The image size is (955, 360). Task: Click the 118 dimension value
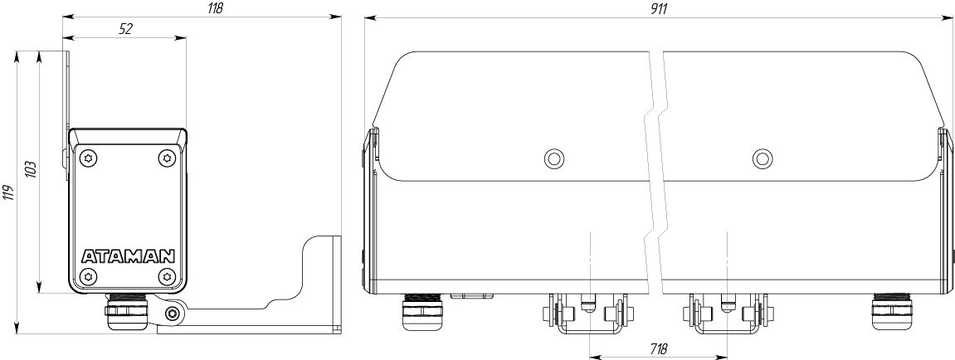pyautogui.click(x=215, y=8)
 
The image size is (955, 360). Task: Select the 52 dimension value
pyautogui.click(x=125, y=29)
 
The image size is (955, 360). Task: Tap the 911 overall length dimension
pyautogui.click(x=659, y=8)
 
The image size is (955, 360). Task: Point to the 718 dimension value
pyautogui.click(x=659, y=350)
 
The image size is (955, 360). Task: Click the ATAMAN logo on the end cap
pyautogui.click(x=128, y=255)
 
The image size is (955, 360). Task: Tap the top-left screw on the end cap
pyautogui.click(x=90, y=158)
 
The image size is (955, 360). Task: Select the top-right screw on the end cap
pyautogui.click(x=166, y=158)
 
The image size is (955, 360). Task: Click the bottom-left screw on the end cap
pyautogui.click(x=90, y=276)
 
